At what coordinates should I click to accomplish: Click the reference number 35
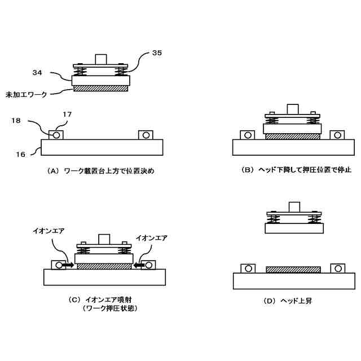[x=157, y=54]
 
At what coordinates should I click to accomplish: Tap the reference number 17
[x=67, y=115]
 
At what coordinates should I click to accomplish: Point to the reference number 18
[x=16, y=120]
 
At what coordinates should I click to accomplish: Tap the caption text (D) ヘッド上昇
[x=288, y=301]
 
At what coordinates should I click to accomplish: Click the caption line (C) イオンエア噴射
[x=107, y=299]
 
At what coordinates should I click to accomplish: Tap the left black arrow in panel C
[x=68, y=264]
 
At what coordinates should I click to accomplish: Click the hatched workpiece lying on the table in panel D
[x=293, y=270]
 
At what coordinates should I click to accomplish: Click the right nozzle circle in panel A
[x=146, y=135]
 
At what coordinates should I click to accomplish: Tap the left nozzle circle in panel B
[x=247, y=135]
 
